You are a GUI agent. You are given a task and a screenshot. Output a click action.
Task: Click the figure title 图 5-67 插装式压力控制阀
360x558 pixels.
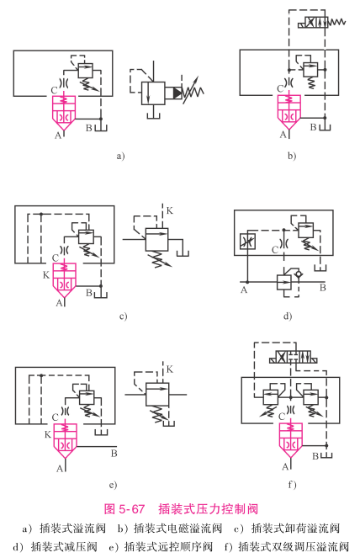181,508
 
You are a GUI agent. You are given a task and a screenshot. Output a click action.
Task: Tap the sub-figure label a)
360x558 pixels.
120,156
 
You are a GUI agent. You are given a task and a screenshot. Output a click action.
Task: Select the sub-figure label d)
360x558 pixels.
288,316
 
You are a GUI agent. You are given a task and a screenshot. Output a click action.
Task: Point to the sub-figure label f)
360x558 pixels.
292,484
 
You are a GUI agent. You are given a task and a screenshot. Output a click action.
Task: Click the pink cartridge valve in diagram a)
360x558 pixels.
64,113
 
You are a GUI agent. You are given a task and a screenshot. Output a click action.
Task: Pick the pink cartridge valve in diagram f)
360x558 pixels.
291,440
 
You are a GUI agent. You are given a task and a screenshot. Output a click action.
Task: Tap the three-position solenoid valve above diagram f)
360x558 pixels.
294,357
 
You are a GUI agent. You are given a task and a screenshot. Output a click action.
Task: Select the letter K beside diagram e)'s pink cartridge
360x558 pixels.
48,434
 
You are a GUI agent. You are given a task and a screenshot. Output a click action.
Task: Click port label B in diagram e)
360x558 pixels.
114,454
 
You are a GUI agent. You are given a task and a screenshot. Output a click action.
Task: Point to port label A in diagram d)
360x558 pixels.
244,290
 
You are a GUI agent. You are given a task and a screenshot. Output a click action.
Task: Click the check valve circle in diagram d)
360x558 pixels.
298,274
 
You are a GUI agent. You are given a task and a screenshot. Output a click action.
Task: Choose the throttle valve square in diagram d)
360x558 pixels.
247,241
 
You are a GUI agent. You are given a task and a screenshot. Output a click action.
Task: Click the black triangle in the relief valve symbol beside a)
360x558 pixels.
177,93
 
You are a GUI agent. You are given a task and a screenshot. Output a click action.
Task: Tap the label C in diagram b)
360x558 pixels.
280,88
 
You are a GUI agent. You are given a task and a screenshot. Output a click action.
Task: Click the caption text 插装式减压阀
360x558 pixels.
64,546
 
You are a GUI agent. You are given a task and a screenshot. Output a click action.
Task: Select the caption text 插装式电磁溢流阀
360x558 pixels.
177,528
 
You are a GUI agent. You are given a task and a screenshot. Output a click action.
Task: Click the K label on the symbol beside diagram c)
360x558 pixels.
169,211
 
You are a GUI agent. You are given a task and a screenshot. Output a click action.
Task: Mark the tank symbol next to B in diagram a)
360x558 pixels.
102,128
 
